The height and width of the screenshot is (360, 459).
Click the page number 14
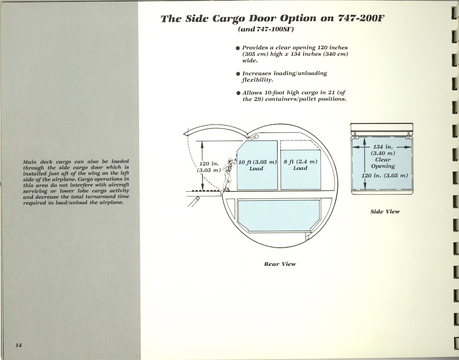coord(18,346)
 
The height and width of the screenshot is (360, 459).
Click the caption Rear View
coord(280,264)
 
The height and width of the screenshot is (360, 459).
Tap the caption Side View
coord(385,211)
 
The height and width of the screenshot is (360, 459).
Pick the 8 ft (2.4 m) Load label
coord(300,165)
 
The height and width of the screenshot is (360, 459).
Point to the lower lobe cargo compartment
coord(279,215)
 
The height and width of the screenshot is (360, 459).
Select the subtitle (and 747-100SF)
coord(266,30)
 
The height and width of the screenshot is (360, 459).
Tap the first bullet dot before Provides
coord(238,48)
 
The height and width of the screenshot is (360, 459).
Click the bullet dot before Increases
coord(238,74)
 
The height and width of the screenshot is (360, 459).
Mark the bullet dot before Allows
coord(238,93)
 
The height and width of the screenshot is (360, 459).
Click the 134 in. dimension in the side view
coord(382,147)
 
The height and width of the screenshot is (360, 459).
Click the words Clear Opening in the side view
coord(382,163)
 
